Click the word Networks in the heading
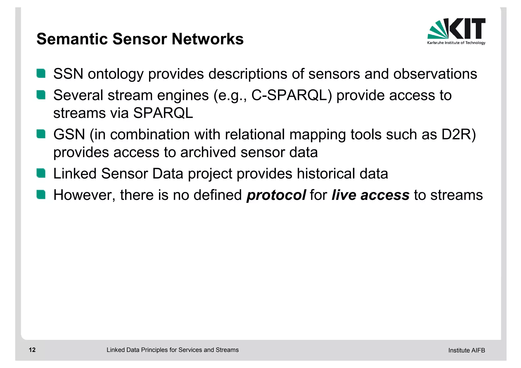tap(208, 39)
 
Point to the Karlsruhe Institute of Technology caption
tap(456, 43)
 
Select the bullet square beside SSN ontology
tap(41, 73)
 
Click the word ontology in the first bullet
tap(116, 74)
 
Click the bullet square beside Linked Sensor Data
tap(41, 173)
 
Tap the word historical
tap(326, 174)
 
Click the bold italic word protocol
tap(276, 195)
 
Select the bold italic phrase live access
tap(370, 195)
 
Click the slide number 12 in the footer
tap(32, 350)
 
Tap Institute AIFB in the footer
tap(467, 350)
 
